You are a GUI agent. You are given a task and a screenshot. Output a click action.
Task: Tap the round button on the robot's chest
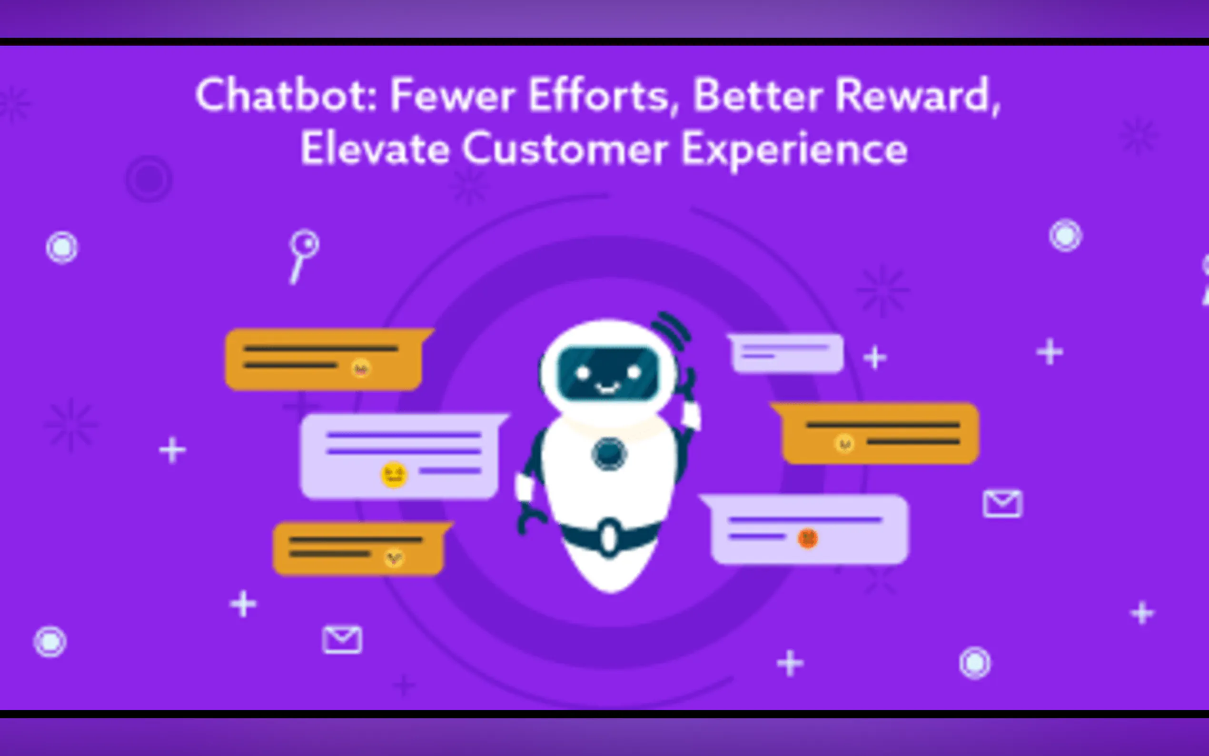pos(609,454)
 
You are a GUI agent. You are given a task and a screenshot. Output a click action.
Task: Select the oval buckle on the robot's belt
pos(609,538)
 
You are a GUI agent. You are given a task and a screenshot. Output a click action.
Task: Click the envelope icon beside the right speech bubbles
pos(1002,504)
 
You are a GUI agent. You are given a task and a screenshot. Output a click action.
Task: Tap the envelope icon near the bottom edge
pos(342,639)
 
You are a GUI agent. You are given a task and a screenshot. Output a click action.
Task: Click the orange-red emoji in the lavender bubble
pos(808,538)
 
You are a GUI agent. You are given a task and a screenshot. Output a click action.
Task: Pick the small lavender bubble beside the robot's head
pos(786,353)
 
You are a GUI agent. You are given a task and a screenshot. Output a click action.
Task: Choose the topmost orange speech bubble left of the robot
pos(327,359)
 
